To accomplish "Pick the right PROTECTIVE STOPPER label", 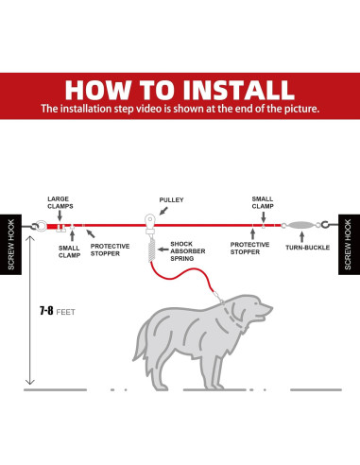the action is click(250, 248).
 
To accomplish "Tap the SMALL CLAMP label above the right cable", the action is click(262, 202).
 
